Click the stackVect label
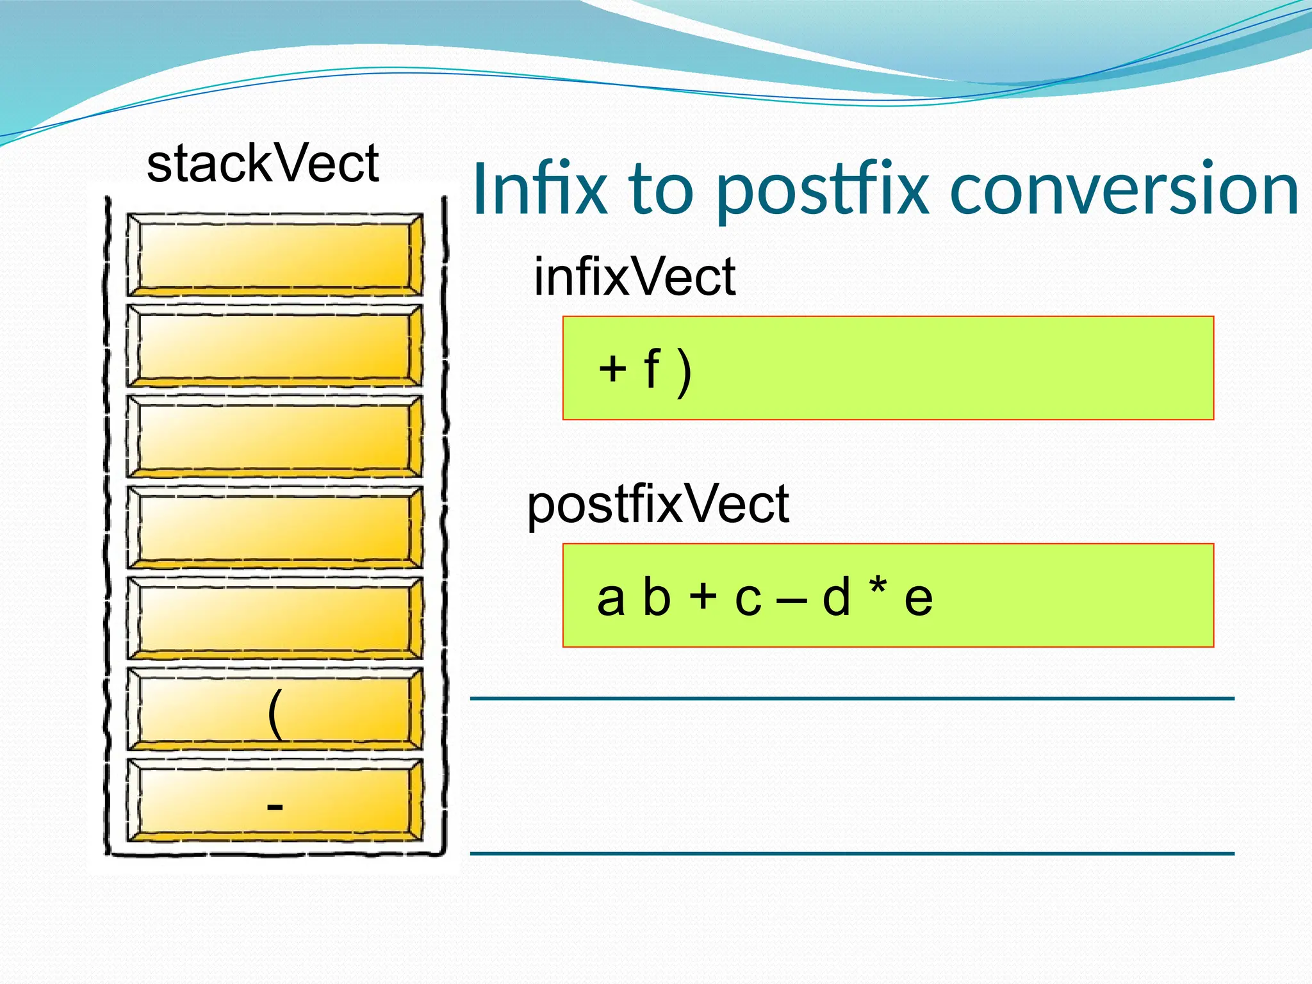point(263,164)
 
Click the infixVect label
point(634,277)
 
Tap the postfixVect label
point(658,505)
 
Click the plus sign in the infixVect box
point(612,369)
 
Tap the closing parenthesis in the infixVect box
point(685,372)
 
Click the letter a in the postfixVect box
point(611,598)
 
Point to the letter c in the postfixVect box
point(748,600)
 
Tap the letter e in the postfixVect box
point(918,600)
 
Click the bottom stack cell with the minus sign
point(275,800)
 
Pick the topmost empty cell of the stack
point(275,254)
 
